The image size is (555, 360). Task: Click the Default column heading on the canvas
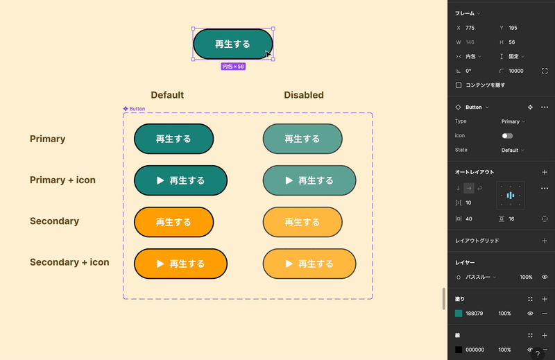[167, 95]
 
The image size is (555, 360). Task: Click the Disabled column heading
[303, 95]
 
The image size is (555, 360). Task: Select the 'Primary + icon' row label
[62, 180]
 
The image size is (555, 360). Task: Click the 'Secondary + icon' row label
[69, 262]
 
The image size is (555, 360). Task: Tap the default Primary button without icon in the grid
[173, 139]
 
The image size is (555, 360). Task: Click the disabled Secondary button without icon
[302, 222]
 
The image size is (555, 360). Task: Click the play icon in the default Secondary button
[160, 264]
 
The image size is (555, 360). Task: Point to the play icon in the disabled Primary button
[289, 180]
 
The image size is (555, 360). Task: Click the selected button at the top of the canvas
[232, 44]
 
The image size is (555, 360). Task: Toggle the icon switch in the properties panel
[507, 136]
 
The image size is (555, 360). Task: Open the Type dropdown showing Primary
[513, 121]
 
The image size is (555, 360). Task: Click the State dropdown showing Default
[513, 150]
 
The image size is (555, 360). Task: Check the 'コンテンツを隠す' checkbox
[459, 85]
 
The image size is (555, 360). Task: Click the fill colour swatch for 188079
[459, 314]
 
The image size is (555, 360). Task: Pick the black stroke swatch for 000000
[459, 350]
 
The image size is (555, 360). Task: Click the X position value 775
[470, 28]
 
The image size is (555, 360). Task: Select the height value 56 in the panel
[513, 42]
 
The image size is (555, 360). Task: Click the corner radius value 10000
[516, 71]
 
